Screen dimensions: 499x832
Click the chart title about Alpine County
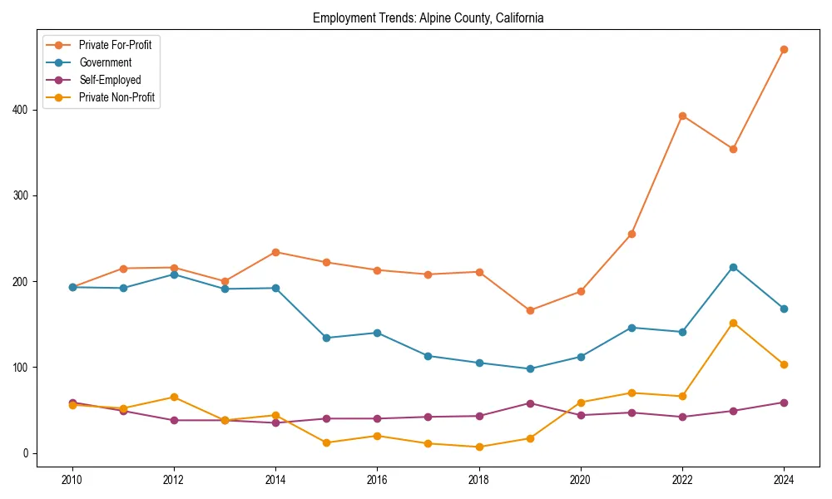click(428, 17)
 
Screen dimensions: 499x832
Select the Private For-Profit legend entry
click(115, 45)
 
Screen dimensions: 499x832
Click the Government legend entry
click(105, 62)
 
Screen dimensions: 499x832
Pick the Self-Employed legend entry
click(110, 80)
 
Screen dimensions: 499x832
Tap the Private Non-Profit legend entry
click(116, 97)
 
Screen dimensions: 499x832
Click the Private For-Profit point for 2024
click(784, 49)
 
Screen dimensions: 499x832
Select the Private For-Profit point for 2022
click(682, 116)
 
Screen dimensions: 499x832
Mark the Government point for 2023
click(733, 267)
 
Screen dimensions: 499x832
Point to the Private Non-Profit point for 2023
click(733, 323)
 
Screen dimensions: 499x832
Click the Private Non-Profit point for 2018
click(479, 447)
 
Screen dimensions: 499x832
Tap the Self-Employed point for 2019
click(530, 403)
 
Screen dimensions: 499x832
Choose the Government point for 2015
click(326, 338)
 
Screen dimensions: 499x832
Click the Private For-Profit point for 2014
click(275, 252)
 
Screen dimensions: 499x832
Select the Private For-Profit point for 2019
click(530, 310)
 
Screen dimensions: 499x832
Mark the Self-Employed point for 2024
click(784, 403)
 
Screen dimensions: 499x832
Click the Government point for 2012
click(174, 274)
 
